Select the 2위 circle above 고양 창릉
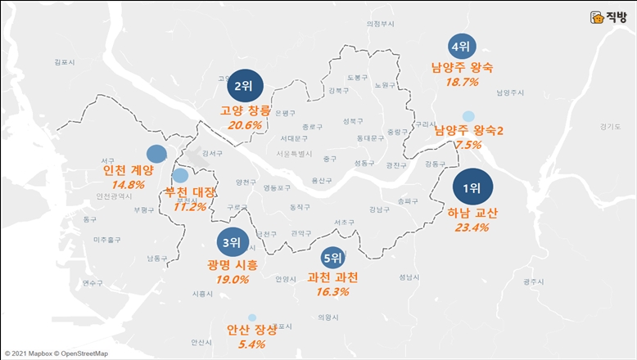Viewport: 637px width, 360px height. (243, 86)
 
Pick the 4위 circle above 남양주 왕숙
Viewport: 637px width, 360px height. (463, 47)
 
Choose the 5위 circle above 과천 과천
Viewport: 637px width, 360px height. (332, 259)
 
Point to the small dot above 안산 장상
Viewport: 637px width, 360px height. (251, 317)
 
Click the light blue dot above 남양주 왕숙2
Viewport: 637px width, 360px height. (468, 115)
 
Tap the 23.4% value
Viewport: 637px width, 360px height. (472, 227)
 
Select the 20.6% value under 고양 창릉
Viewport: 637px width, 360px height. (245, 125)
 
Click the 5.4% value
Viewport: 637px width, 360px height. (251, 344)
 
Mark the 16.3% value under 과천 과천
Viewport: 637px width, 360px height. (332, 291)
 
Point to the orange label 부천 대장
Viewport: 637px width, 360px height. (191, 192)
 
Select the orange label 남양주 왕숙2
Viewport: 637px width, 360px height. (469, 130)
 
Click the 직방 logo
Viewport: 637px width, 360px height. (608, 16)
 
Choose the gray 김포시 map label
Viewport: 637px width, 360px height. (63, 61)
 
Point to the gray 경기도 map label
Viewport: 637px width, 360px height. (610, 126)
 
